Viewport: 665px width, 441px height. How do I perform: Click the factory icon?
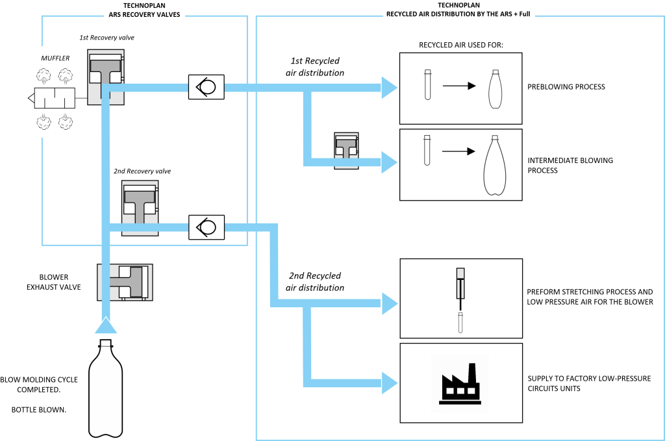click(460, 383)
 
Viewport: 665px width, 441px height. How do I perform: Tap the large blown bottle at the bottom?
click(106, 390)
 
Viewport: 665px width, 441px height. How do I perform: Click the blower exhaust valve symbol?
click(125, 281)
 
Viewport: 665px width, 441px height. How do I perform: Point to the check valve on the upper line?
click(206, 87)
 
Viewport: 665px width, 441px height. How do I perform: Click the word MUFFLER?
click(55, 58)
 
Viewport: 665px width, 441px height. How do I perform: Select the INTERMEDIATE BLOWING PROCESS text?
click(570, 165)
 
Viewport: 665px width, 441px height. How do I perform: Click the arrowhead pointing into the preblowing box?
click(389, 87)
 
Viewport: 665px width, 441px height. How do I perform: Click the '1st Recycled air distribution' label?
click(315, 67)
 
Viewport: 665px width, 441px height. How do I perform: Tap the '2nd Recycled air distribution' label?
click(315, 281)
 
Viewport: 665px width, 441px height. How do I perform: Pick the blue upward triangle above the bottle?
click(106, 324)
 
